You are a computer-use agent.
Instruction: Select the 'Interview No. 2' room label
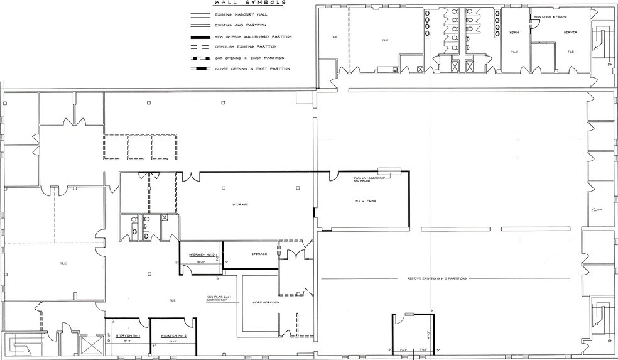click(x=172, y=336)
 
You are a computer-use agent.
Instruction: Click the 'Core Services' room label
click(x=266, y=302)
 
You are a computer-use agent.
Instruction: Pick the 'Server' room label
click(x=570, y=32)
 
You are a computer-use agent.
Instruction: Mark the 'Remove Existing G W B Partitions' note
click(x=435, y=278)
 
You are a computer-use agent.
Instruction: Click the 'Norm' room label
click(x=514, y=33)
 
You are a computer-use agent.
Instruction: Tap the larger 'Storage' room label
click(x=239, y=204)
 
